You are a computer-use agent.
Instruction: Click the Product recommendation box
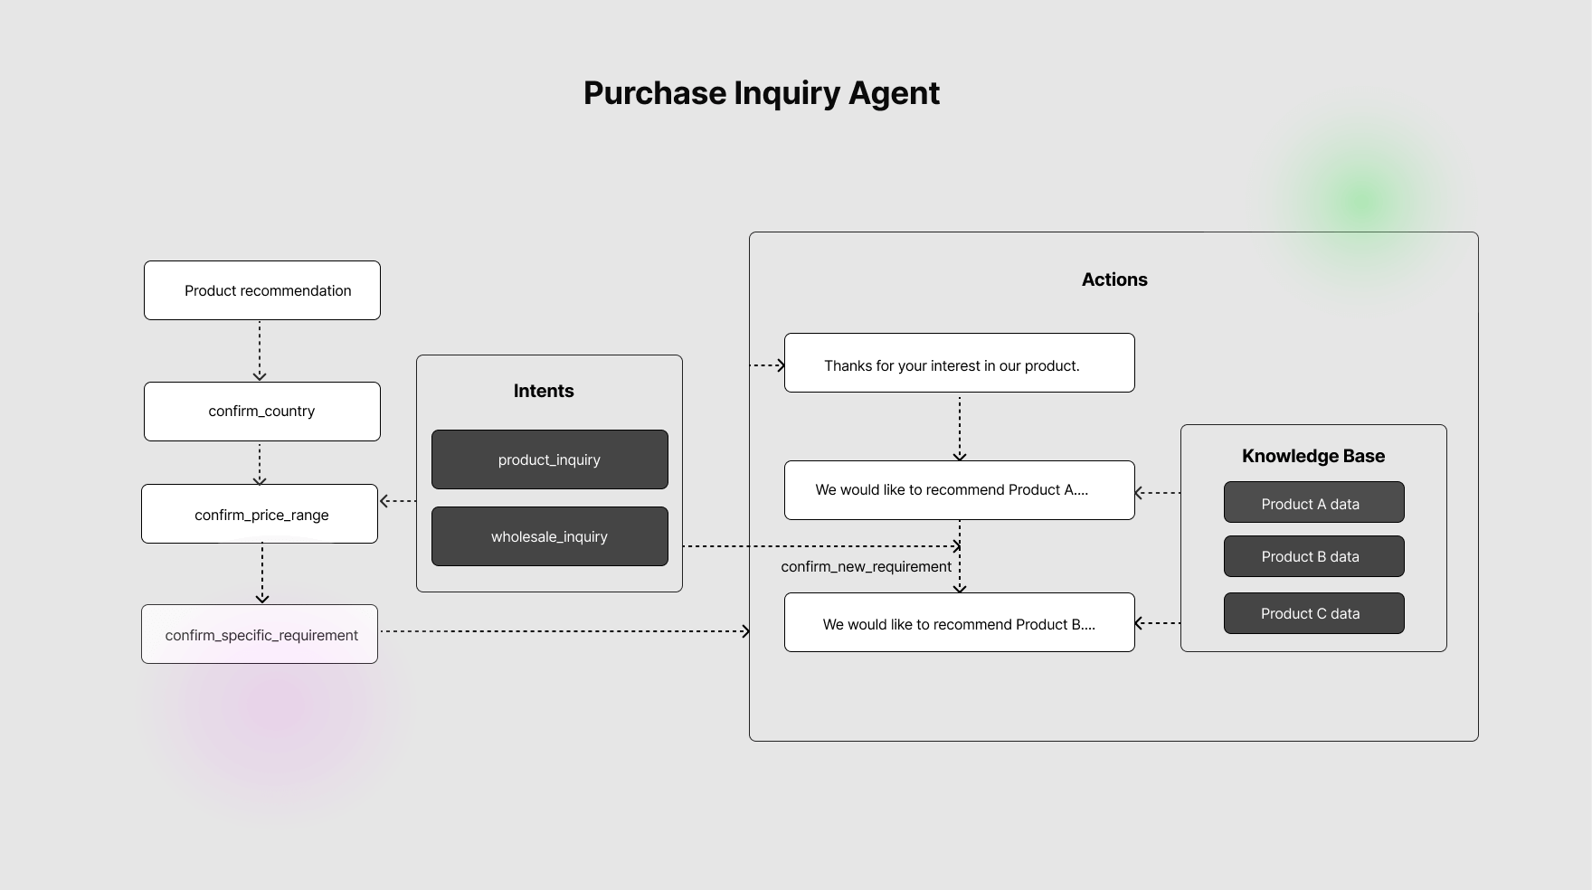coord(262,290)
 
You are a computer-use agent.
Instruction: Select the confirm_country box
coord(262,412)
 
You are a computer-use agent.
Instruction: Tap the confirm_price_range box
coord(260,514)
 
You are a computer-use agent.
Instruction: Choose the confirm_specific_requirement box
coord(260,634)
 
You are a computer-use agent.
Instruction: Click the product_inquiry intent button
coord(549,459)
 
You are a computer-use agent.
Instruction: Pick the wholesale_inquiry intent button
coord(549,536)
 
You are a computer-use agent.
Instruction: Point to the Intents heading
coord(544,391)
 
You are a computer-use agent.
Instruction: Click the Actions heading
coord(1114,279)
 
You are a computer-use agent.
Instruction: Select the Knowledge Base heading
coord(1313,456)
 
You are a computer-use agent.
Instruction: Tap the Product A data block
coord(1313,503)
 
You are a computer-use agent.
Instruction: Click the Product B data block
coord(1313,556)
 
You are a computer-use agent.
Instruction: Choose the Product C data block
coord(1313,613)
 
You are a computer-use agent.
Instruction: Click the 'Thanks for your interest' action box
coord(959,363)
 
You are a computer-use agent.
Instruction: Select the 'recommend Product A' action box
coord(959,490)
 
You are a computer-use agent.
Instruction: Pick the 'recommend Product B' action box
coord(959,622)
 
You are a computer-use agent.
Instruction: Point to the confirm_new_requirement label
coord(866,566)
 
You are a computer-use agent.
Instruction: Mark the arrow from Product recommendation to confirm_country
coord(260,350)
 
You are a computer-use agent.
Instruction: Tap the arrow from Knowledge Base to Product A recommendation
coord(1157,493)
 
